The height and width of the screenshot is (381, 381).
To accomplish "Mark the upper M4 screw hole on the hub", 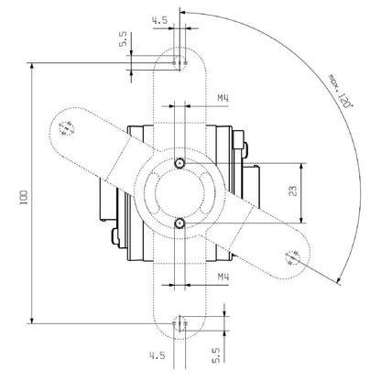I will [180, 162].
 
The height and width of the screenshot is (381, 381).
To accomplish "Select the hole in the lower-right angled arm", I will [294, 259].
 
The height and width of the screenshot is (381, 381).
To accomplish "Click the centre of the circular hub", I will [180, 191].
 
